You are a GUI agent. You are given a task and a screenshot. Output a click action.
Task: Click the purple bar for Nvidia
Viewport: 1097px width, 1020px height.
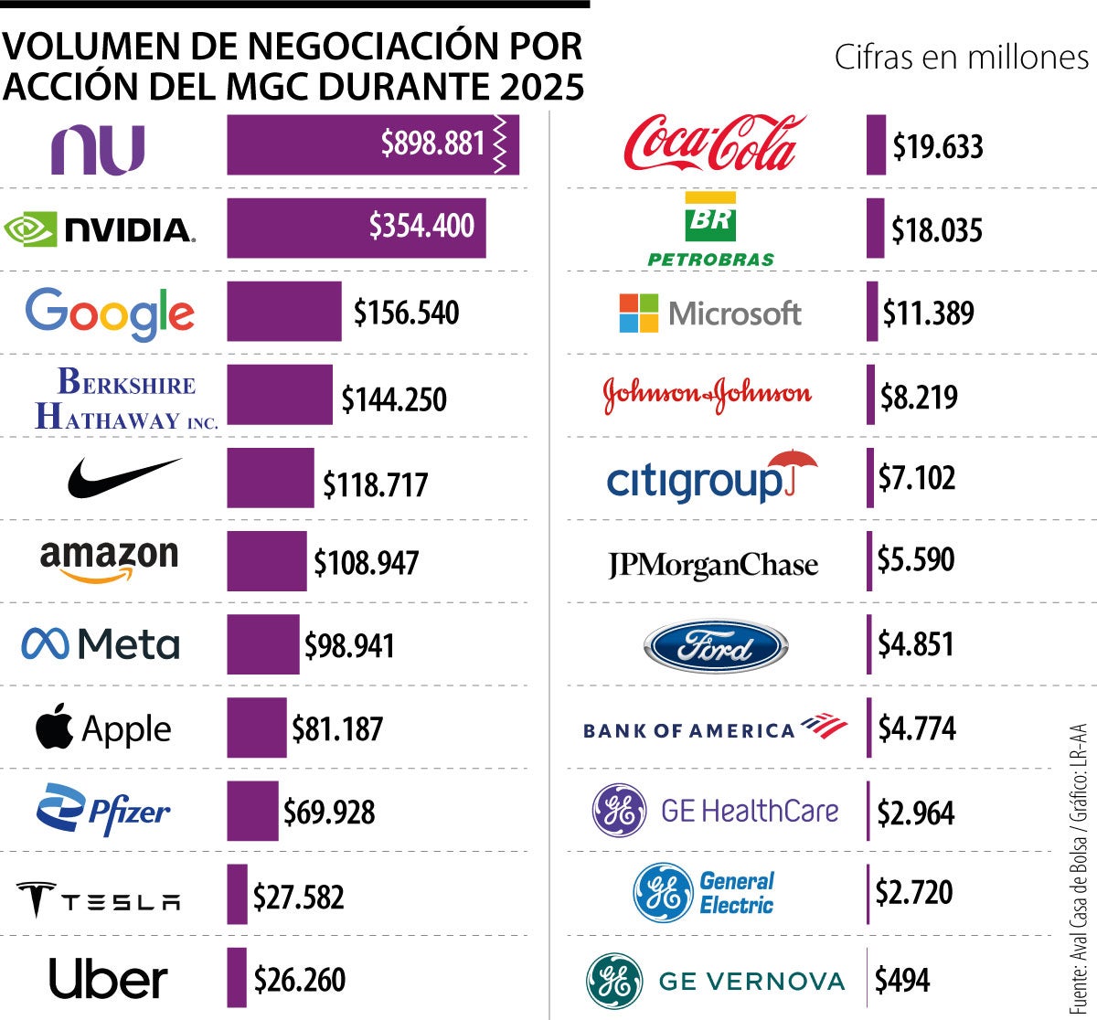coord(356,228)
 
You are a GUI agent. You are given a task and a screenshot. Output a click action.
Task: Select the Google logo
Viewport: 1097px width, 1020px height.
coord(110,313)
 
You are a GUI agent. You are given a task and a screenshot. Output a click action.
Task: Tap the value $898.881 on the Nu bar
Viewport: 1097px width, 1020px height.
coord(432,143)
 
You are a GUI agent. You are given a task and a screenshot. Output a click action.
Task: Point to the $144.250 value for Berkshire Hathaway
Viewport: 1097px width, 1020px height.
coord(394,399)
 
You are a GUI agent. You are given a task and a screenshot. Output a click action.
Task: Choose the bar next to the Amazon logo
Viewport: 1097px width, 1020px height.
coord(266,561)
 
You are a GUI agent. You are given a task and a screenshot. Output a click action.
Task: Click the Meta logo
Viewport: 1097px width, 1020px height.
coord(101,644)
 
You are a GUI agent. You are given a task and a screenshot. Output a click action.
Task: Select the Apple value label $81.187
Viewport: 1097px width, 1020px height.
coord(337,729)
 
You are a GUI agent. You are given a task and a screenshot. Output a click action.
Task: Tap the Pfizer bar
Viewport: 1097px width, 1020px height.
coord(252,811)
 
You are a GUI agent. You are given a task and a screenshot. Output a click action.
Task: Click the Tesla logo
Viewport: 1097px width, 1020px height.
coord(99,898)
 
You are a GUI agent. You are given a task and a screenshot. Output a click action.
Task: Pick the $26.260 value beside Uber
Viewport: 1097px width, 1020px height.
coord(300,980)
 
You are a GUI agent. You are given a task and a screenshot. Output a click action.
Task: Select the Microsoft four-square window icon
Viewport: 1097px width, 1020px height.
coord(638,313)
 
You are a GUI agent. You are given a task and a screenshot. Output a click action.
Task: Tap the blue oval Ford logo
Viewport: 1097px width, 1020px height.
coord(715,647)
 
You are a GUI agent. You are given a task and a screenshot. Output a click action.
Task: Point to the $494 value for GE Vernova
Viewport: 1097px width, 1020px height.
coord(902,980)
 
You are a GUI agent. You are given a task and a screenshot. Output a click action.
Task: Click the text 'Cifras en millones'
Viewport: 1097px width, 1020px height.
coord(961,58)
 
